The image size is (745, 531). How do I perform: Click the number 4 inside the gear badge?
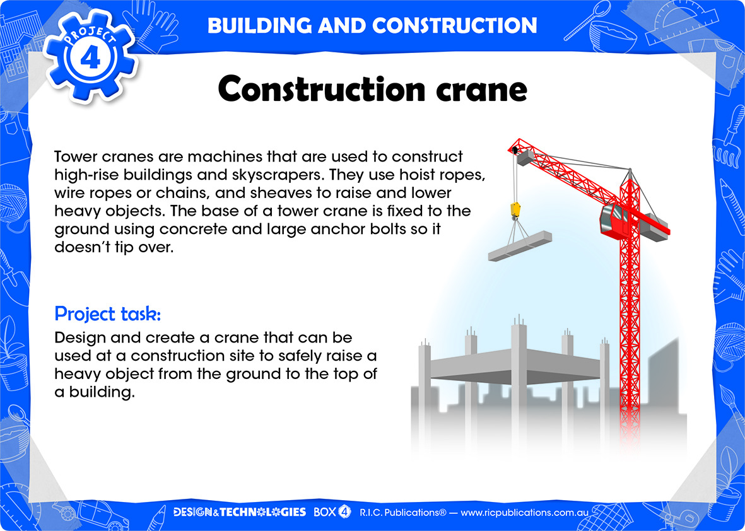click(x=90, y=59)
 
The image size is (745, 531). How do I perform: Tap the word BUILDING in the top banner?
click(x=259, y=26)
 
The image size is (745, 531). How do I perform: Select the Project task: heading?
click(x=108, y=314)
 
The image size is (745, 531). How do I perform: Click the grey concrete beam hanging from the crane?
click(x=520, y=246)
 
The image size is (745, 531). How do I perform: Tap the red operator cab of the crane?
click(x=613, y=220)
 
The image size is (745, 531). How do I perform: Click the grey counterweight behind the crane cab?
click(x=654, y=227)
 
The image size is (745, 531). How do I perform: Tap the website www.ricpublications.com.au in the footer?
click(x=525, y=513)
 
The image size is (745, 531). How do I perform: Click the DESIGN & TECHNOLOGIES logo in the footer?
click(x=240, y=512)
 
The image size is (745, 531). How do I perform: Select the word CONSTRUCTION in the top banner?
click(x=455, y=26)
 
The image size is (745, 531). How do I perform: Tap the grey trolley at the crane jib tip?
click(x=525, y=157)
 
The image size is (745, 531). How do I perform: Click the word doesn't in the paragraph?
click(x=82, y=247)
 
